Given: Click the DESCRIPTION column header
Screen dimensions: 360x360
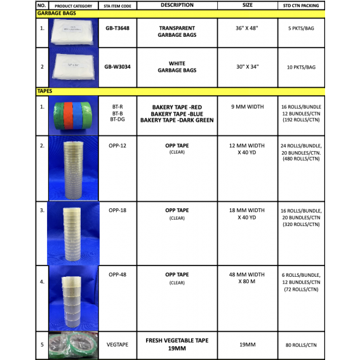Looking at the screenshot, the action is tap(177, 5).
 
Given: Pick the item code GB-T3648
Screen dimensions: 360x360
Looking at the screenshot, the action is tap(117, 28).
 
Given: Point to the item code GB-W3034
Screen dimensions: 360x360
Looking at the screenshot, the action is tap(117, 66).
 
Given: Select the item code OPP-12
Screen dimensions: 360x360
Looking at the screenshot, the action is tap(117, 145).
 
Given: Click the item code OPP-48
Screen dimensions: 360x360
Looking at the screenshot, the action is tap(117, 274).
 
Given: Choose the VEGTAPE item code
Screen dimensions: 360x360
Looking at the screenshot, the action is tap(117, 345).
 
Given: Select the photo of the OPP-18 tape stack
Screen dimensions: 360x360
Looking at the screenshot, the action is tap(72, 233).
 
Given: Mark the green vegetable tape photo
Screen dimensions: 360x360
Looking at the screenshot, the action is tap(73, 345).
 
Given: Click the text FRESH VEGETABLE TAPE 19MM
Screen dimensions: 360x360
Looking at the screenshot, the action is tap(177, 344).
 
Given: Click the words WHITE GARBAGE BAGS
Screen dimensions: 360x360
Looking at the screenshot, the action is tap(177, 67).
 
